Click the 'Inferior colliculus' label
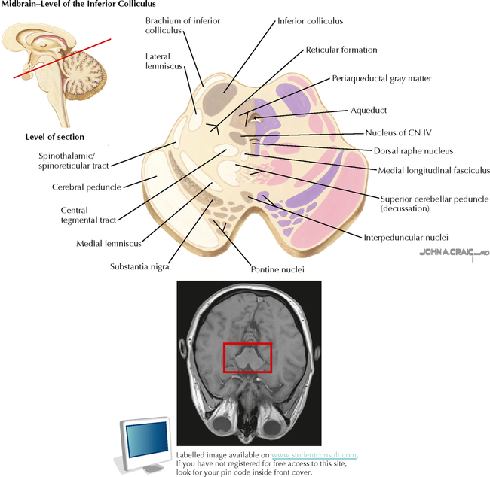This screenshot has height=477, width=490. (x=310, y=21)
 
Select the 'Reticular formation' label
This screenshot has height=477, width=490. (x=341, y=50)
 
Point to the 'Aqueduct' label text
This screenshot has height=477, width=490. (x=368, y=110)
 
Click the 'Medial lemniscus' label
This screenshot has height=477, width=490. (x=109, y=244)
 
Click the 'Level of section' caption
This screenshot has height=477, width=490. (x=55, y=137)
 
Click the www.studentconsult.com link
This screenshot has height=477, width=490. (x=314, y=455)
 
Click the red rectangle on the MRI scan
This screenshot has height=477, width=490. (x=247, y=357)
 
